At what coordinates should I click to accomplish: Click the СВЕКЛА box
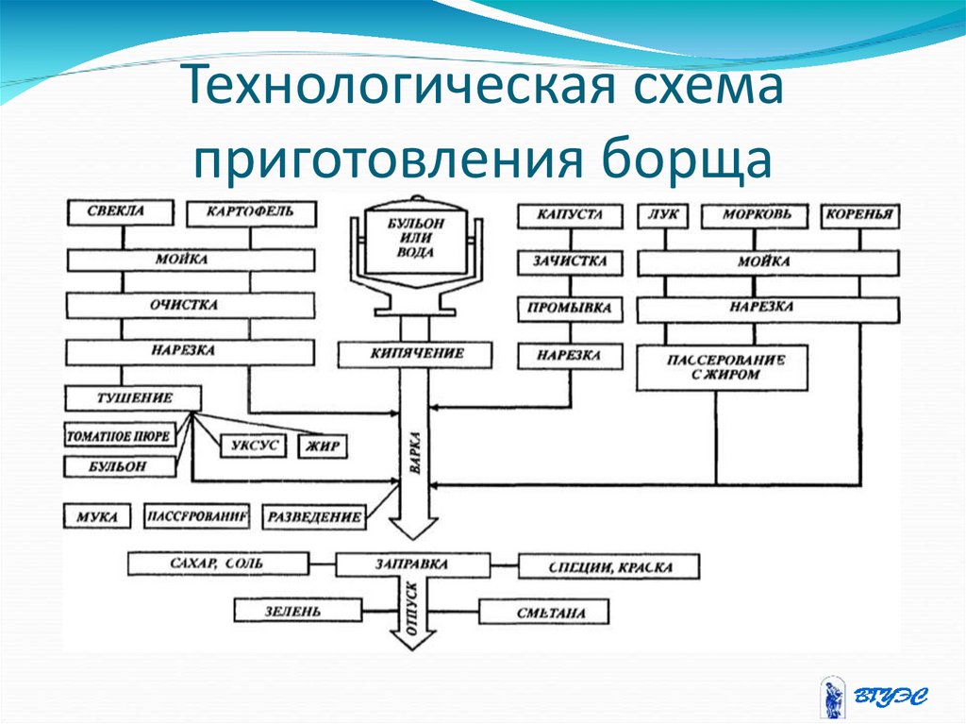(120, 211)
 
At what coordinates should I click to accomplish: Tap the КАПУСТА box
(570, 216)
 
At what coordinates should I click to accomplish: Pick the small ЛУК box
(662, 216)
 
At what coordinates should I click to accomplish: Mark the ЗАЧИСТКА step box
(570, 261)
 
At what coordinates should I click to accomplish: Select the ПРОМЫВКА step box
(570, 308)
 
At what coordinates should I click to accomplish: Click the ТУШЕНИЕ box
(132, 398)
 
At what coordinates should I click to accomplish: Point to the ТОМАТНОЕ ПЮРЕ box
(119, 437)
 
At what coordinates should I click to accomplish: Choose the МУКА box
(99, 517)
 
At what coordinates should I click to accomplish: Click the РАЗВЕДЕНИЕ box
(314, 517)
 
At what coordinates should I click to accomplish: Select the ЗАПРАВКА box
(412, 565)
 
